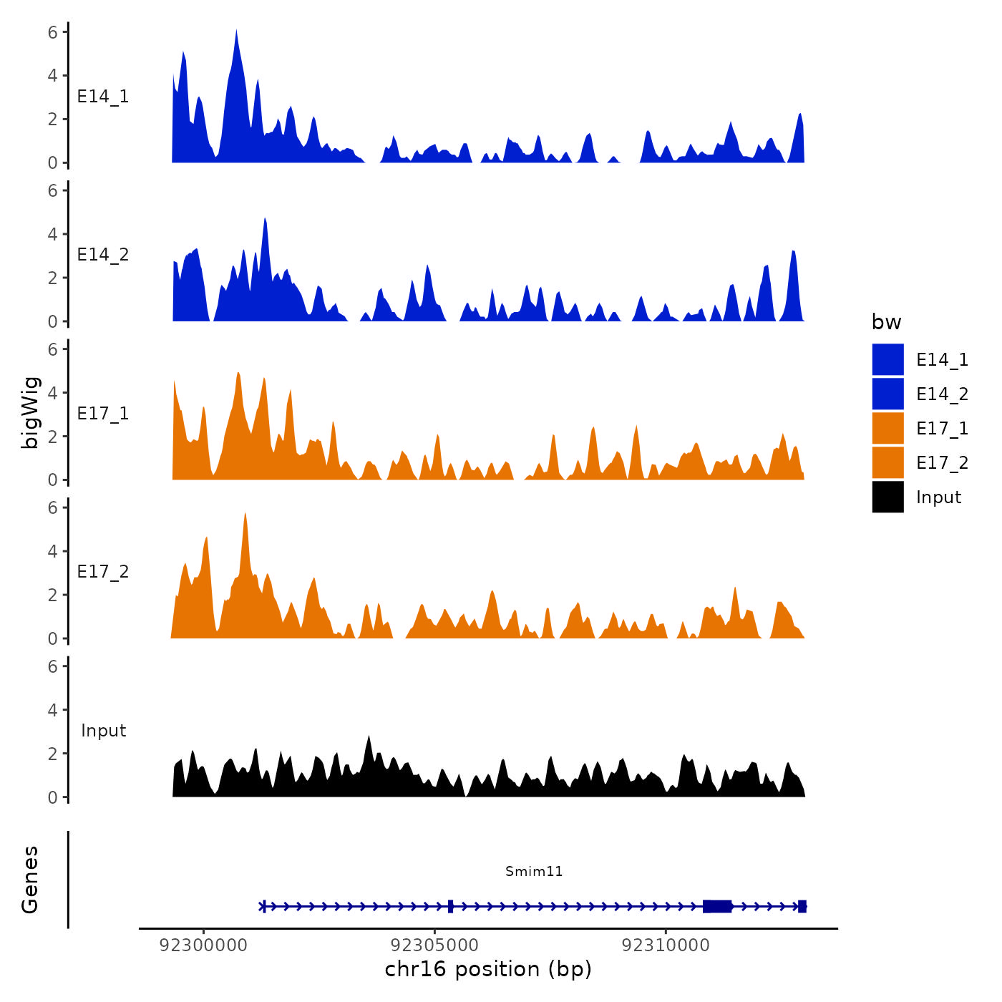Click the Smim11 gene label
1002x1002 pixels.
tap(534, 871)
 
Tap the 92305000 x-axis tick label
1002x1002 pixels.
tap(434, 945)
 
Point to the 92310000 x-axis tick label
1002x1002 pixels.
tap(666, 945)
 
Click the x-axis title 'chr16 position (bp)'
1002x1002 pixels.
tap(488, 969)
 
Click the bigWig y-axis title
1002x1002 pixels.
tap(30, 413)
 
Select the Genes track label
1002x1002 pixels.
tap(30, 880)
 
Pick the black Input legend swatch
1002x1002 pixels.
tap(887, 497)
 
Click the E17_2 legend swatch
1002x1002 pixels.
tap(887, 463)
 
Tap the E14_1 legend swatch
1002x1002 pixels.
tap(887, 360)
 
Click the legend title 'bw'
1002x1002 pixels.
tap(886, 322)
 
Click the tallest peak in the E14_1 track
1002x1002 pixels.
tap(236, 31)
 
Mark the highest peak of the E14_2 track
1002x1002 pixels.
tap(265, 220)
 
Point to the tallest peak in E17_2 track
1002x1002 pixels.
tap(245, 515)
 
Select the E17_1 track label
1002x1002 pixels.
tap(103, 414)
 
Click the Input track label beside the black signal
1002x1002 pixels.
tap(103, 731)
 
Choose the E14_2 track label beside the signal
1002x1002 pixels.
tap(103, 255)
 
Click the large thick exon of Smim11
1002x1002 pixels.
tap(717, 906)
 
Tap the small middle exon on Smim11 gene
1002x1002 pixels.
tap(450, 906)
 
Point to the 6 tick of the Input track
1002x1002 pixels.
tap(52, 666)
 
